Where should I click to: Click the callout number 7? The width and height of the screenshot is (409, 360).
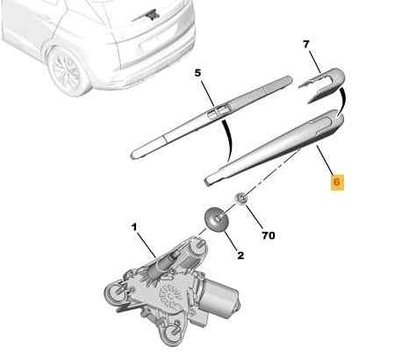click(305, 45)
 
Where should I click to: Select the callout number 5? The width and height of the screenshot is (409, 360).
click(198, 73)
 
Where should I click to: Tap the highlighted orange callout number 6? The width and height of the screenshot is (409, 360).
click(337, 182)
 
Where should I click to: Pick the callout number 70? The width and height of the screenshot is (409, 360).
click(269, 235)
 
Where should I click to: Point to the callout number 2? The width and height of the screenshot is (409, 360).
click(240, 256)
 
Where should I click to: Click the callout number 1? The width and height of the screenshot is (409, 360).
click(134, 227)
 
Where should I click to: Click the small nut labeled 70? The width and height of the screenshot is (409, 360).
click(241, 199)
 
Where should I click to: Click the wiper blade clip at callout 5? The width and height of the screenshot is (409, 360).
click(219, 111)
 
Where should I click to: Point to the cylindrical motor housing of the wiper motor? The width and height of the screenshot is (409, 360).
click(222, 298)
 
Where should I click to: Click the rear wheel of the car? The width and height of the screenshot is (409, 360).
click(68, 69)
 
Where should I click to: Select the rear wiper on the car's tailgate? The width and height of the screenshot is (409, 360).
click(147, 17)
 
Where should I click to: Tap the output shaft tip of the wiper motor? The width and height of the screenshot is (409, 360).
click(200, 242)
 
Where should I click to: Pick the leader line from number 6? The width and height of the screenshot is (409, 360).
click(325, 161)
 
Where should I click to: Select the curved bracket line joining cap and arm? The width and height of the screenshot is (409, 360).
click(342, 101)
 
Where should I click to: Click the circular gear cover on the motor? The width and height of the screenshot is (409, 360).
click(169, 297)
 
